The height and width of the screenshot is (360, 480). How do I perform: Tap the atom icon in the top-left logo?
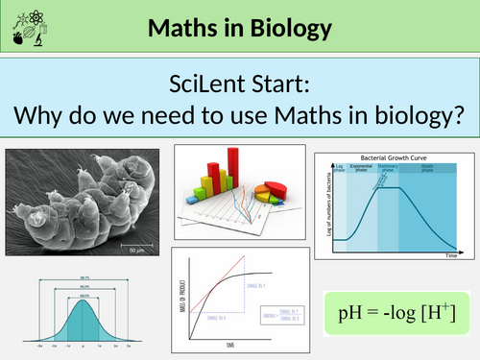pos(12,15)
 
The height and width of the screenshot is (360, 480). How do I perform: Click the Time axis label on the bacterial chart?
pos(450,257)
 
